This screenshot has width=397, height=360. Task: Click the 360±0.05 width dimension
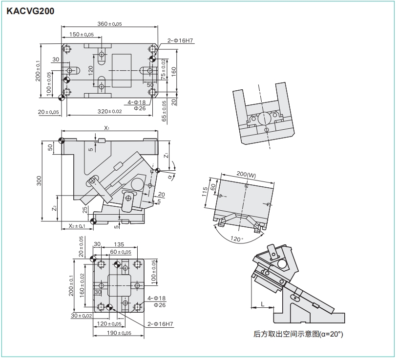(x=109, y=24)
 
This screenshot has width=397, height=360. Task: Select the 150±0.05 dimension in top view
(x=81, y=35)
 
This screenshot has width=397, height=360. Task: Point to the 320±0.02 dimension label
(x=109, y=112)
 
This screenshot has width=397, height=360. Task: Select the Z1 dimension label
(x=166, y=155)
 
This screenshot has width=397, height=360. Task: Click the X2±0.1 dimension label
(x=77, y=225)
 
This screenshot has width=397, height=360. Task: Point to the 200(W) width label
(x=246, y=174)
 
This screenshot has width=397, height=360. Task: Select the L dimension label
(x=263, y=304)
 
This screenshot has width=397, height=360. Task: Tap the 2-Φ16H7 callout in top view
(x=180, y=41)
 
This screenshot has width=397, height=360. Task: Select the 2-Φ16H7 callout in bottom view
(x=161, y=324)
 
